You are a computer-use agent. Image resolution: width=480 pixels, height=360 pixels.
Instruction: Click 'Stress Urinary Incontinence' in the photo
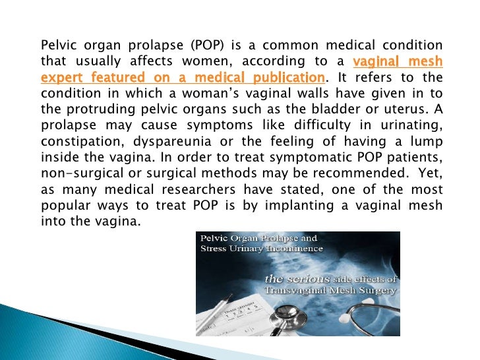tap(262, 249)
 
